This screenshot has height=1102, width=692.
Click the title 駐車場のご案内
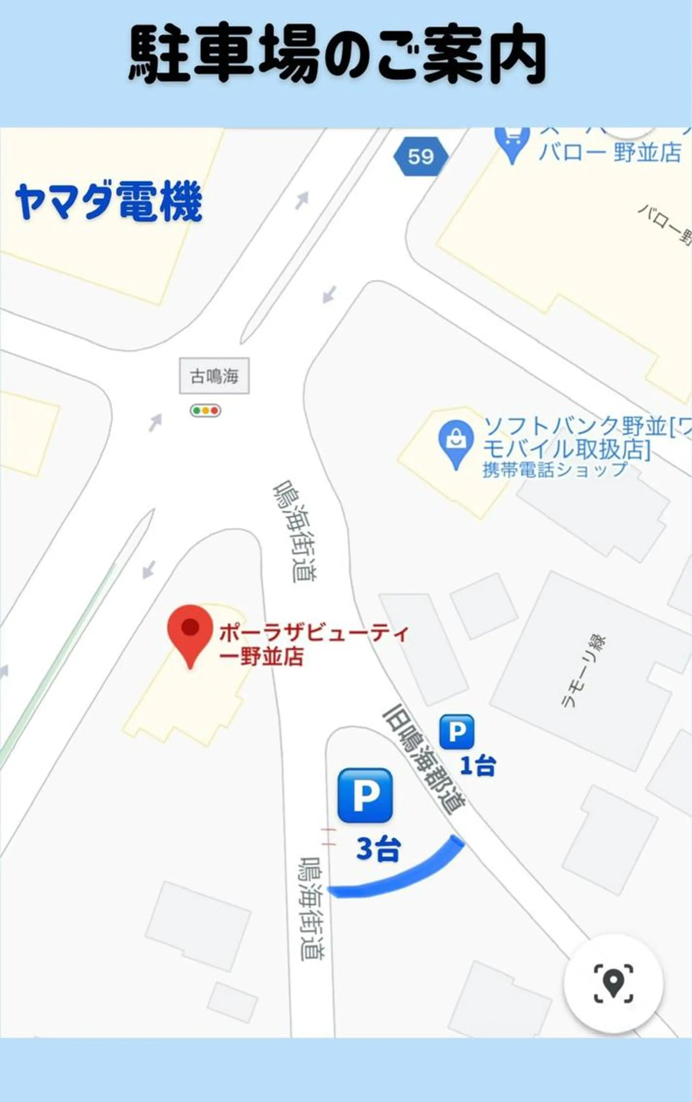click(337, 54)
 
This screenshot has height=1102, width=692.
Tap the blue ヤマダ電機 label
click(109, 202)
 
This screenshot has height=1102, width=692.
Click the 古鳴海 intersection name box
click(214, 376)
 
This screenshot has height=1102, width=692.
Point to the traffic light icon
click(205, 411)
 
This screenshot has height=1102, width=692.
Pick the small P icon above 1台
click(456, 732)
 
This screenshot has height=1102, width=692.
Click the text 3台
click(378, 849)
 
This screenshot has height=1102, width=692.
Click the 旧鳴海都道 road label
click(424, 762)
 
